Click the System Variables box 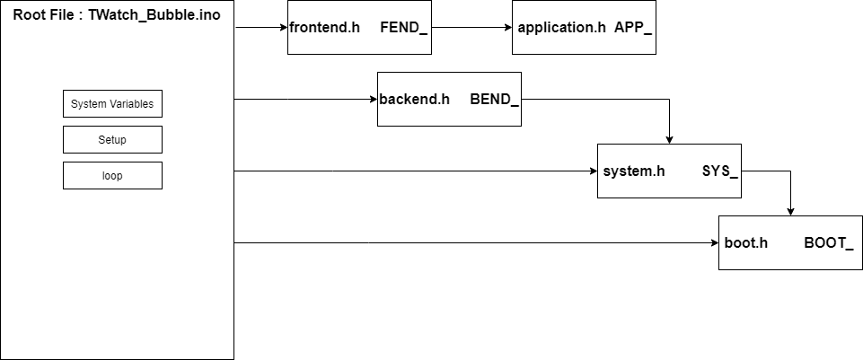tap(112, 104)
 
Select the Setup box tap(112, 140)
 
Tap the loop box tap(112, 176)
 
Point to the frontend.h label tap(324, 27)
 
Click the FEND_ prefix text tap(404, 27)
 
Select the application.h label tap(562, 27)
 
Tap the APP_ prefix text tap(633, 27)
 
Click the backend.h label tap(414, 99)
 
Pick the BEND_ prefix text tap(494, 99)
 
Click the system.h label tap(634, 171)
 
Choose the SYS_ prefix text tap(720, 171)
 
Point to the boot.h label tap(746, 242)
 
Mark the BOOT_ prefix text tap(828, 242)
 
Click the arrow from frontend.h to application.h tap(471, 27)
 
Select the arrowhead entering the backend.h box tap(372, 99)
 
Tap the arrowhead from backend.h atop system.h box tap(669, 138)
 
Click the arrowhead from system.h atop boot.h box tap(790, 210)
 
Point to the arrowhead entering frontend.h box tap(282, 27)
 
